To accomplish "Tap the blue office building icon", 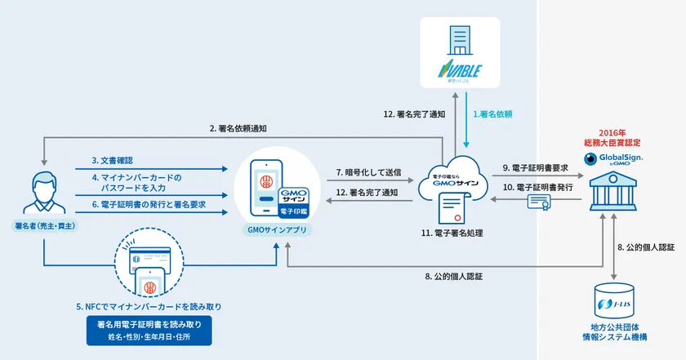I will click(460, 38).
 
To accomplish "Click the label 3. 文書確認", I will click(113, 162).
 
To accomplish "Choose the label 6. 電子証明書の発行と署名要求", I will click(148, 204).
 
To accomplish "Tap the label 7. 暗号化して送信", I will click(369, 172).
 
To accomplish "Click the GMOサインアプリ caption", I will click(278, 231).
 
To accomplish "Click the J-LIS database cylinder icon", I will click(614, 304).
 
